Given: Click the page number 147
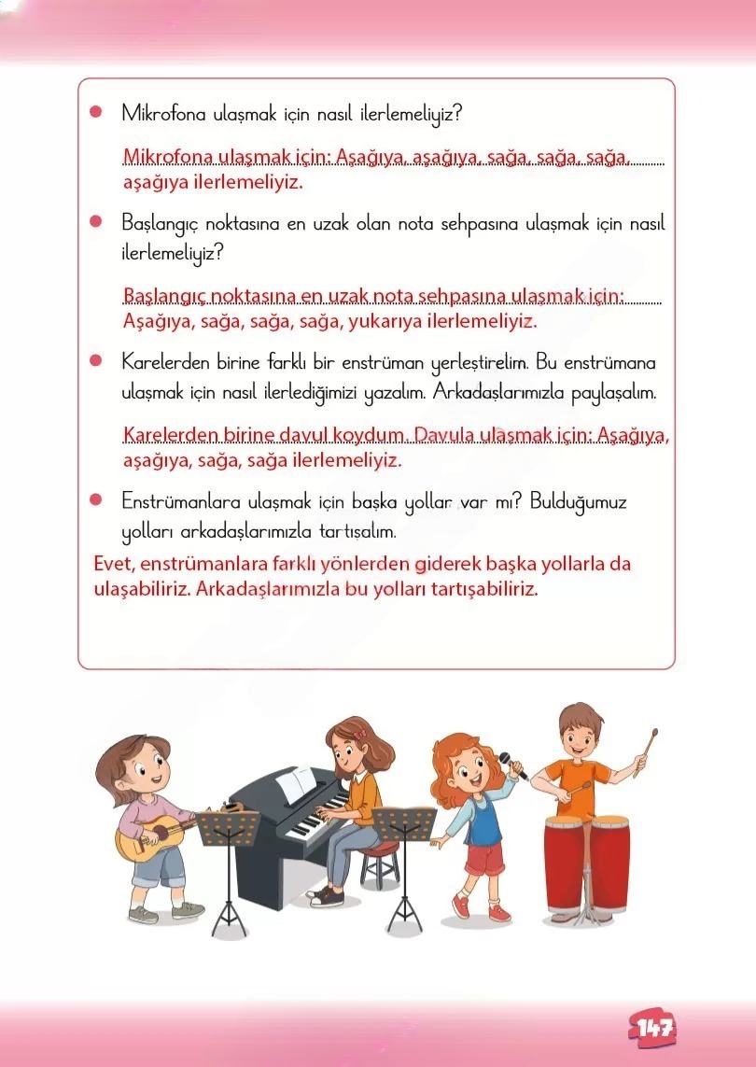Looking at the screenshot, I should [x=655, y=1028].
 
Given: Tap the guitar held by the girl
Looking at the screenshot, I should [x=149, y=834].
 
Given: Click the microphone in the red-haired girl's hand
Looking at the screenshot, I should [x=511, y=765].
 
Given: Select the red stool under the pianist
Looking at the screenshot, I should [x=379, y=852].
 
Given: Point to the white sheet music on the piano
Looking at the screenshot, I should [x=297, y=784].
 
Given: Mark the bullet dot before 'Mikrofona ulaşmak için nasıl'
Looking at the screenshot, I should [x=95, y=112].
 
